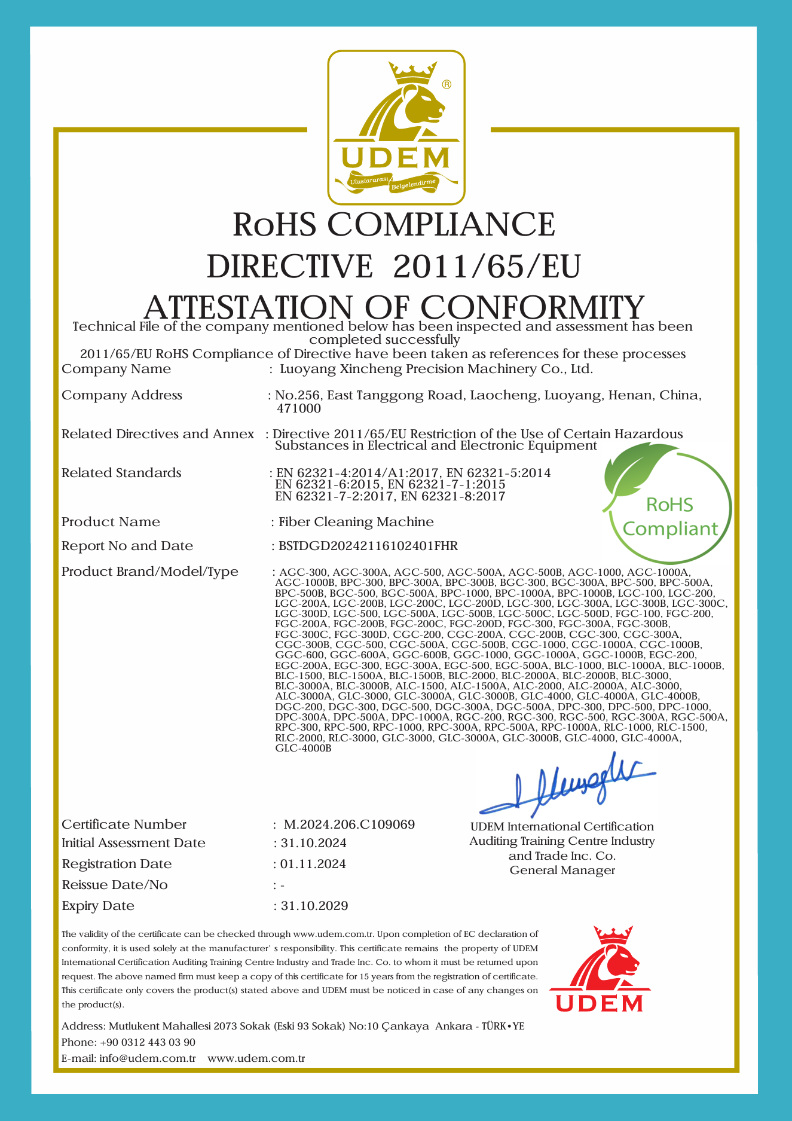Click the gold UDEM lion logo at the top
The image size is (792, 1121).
396,127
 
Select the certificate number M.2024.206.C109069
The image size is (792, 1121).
349,824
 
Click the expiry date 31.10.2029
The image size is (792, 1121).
314,906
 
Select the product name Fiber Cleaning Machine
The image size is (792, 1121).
356,522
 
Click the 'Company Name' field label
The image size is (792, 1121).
117,369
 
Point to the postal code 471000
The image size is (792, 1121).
299,409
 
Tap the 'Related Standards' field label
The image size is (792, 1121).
121,473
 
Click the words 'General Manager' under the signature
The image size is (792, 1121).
562,870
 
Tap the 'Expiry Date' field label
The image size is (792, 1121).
98,906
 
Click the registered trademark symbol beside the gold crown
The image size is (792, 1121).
447,84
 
